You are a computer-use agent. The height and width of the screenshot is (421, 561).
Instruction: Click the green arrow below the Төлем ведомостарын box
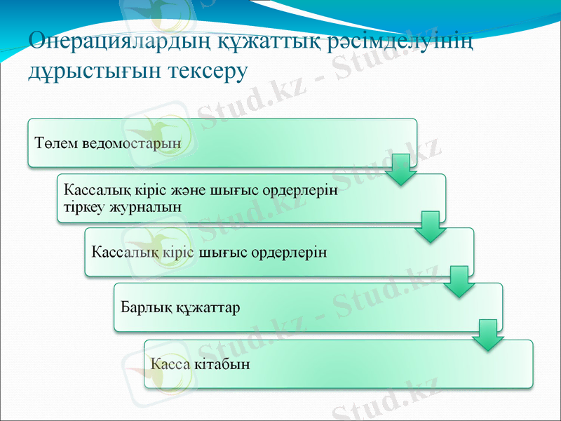coord(401,170)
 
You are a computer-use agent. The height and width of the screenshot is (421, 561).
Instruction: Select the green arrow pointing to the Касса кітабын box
coord(488,335)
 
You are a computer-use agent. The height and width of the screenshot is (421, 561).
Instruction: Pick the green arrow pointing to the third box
coord(430,226)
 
